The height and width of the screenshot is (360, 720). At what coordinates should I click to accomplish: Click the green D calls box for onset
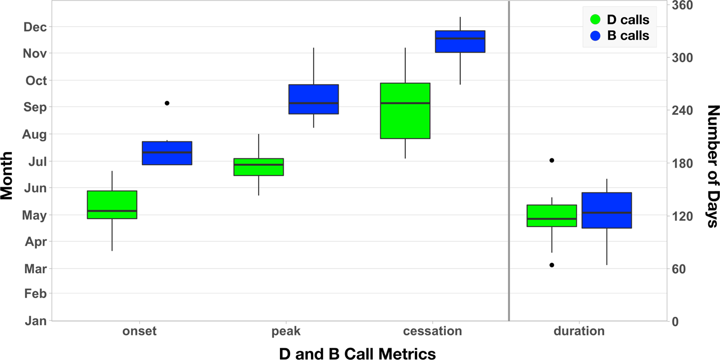112,205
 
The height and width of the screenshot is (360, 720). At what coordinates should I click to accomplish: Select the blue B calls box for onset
167,153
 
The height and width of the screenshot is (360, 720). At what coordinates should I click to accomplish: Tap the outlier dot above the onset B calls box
167,103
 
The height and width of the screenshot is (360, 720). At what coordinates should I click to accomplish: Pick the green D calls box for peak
259,167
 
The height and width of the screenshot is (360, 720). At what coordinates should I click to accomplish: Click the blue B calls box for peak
314,99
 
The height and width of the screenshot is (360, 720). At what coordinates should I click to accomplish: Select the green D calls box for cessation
405,110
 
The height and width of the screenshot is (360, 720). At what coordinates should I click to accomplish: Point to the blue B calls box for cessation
460,42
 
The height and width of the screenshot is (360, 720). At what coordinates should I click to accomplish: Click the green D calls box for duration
551,215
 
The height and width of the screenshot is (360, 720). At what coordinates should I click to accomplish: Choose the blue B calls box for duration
606,210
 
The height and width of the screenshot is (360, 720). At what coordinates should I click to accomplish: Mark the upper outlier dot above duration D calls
552,161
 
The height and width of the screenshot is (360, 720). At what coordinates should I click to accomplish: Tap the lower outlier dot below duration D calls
552,265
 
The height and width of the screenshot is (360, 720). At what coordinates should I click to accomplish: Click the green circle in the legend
596,20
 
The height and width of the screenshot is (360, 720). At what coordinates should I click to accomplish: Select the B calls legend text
628,36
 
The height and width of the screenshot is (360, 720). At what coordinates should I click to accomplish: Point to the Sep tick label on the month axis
36,107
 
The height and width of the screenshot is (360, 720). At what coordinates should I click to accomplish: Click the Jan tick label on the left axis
36,321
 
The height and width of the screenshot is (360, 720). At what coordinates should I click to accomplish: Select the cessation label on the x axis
433,331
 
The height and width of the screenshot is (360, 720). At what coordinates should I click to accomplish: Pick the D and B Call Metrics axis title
357,354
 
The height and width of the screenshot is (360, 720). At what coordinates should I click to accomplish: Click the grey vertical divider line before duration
509,160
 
